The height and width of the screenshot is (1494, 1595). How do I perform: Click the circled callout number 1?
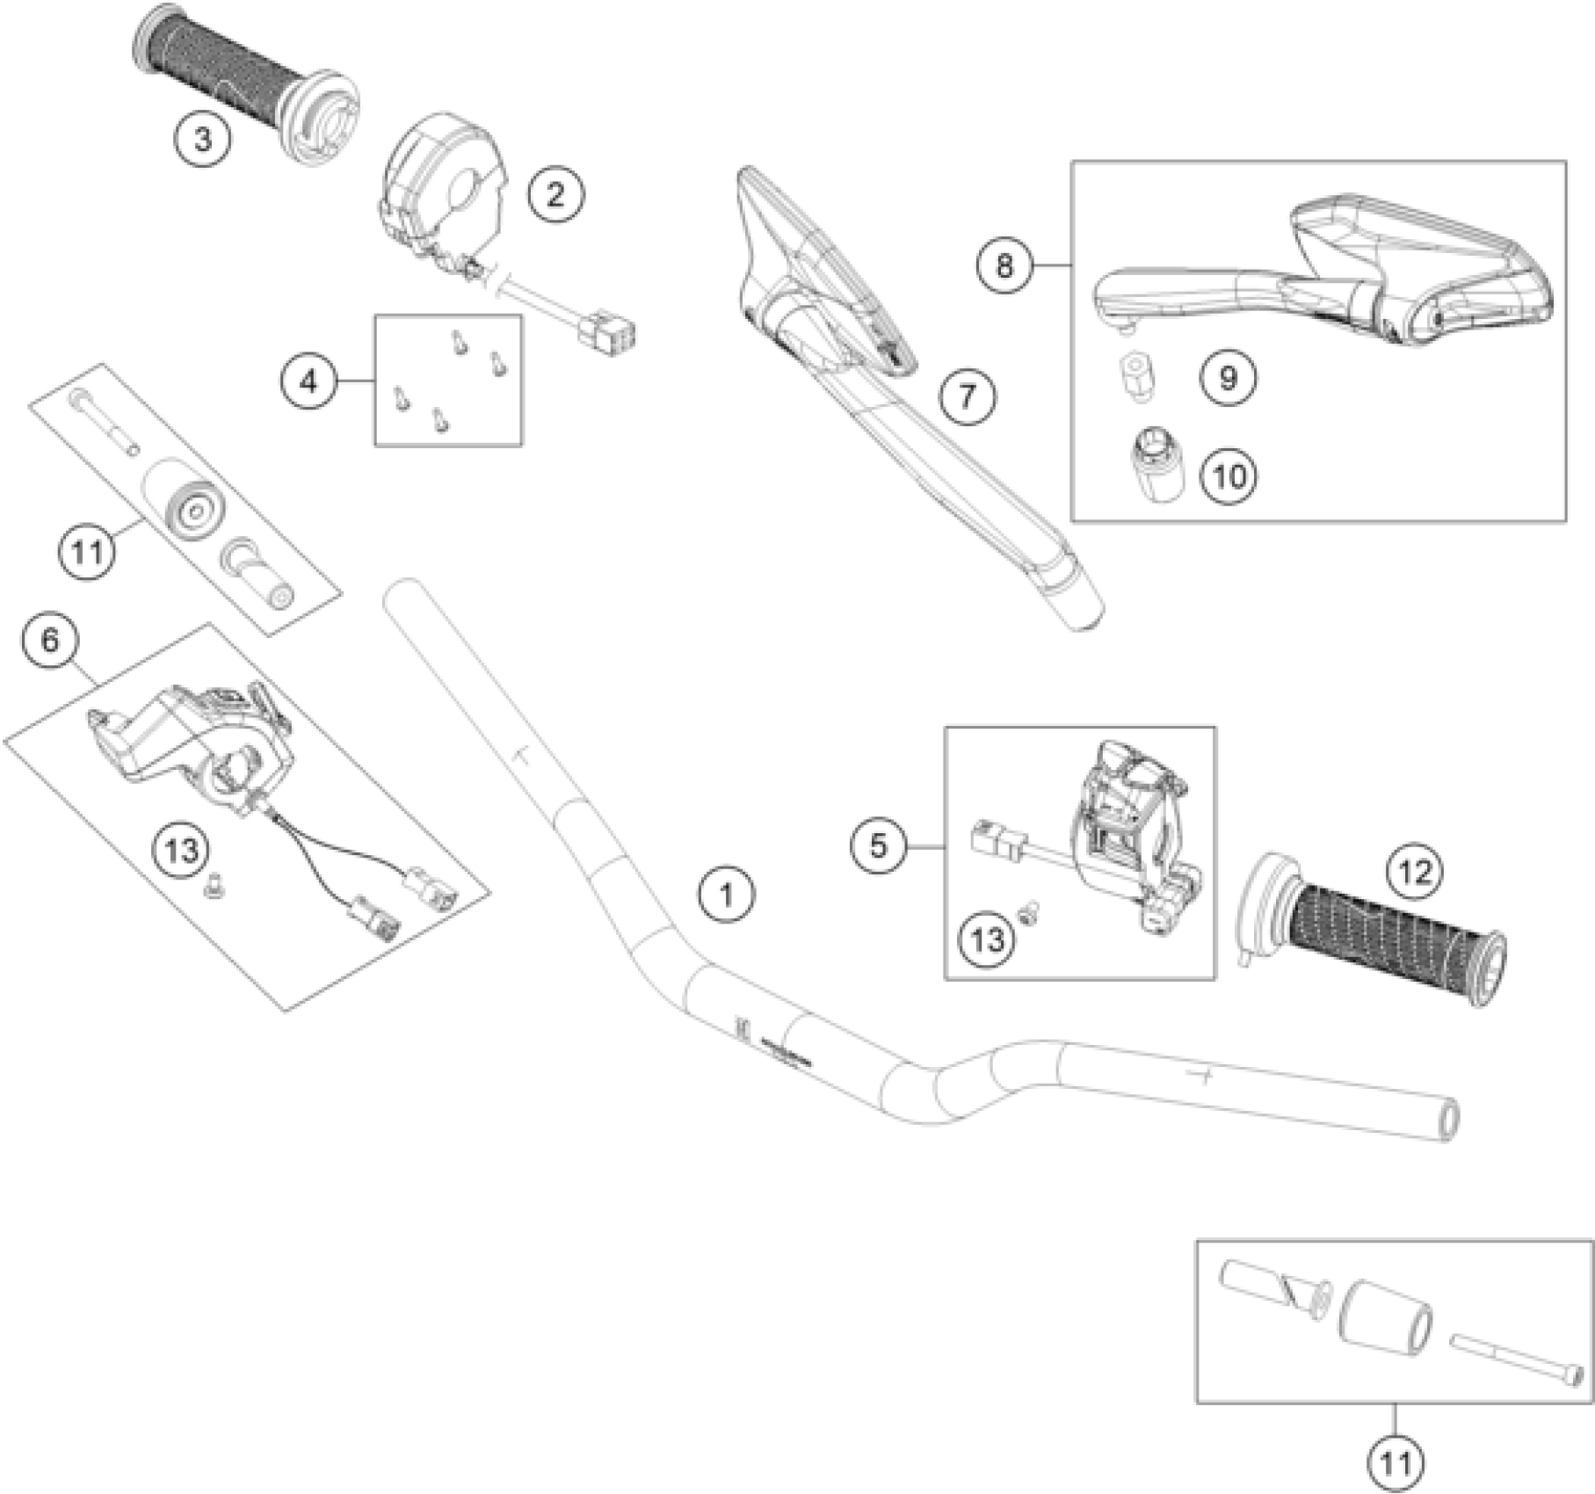(x=726, y=896)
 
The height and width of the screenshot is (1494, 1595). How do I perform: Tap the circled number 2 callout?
(x=555, y=194)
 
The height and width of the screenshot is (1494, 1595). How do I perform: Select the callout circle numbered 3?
(x=203, y=139)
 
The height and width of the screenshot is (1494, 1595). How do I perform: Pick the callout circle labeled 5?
(x=879, y=846)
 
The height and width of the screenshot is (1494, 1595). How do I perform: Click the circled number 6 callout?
(x=50, y=641)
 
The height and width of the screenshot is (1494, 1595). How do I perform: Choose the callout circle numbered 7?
(x=967, y=395)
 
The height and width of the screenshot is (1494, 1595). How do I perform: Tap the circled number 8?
(x=1005, y=265)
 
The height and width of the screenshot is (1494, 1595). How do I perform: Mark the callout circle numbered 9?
(x=1229, y=378)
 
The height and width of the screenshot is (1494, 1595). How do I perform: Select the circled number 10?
(x=1229, y=476)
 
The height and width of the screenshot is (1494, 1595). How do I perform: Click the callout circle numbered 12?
(x=1416, y=872)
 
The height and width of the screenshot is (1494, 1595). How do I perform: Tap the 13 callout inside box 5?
(x=988, y=939)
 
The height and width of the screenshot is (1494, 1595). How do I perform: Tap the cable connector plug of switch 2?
(x=613, y=332)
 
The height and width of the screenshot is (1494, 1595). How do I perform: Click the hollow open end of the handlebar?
(x=1447, y=1121)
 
